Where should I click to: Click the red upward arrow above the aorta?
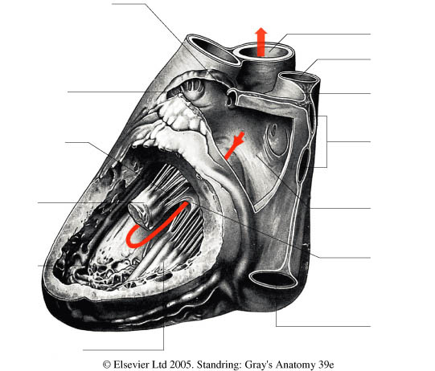pyautogui.click(x=261, y=42)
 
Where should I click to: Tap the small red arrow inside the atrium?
pyautogui.click(x=235, y=145)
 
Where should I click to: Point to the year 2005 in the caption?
pyautogui.click(x=182, y=365)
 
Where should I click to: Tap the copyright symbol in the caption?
pyautogui.click(x=107, y=365)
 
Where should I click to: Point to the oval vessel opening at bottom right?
pyautogui.click(x=273, y=279)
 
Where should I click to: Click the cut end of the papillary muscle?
pyautogui.click(x=137, y=214)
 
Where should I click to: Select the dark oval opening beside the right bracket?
pyautogui.click(x=302, y=165)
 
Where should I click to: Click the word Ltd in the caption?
pyautogui.click(x=160, y=365)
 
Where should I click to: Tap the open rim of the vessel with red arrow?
pyautogui.click(x=263, y=53)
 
